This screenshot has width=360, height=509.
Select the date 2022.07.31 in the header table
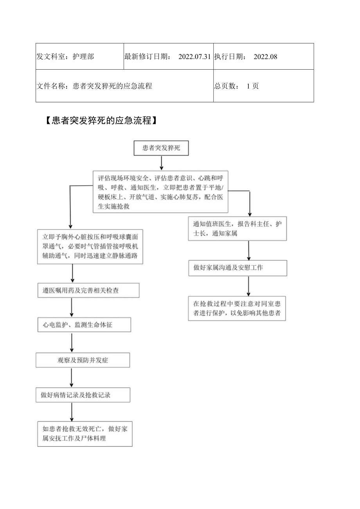click(x=194, y=57)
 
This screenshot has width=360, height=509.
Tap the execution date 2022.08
click(x=265, y=57)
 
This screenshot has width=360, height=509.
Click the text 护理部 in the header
click(x=83, y=57)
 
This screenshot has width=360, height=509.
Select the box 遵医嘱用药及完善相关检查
click(x=88, y=290)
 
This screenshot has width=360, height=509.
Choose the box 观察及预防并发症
click(x=83, y=360)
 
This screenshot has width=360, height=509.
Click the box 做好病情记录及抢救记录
click(x=83, y=395)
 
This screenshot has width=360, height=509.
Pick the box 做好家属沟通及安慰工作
click(x=238, y=268)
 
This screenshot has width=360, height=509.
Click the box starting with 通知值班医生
click(x=238, y=228)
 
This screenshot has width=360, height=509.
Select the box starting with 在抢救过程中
click(x=237, y=308)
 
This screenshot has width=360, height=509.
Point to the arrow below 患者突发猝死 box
click(x=161, y=163)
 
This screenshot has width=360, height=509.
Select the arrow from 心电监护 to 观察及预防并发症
click(x=72, y=342)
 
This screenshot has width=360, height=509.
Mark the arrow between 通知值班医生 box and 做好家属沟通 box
click(x=249, y=250)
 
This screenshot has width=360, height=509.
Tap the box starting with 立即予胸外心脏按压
click(x=90, y=246)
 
